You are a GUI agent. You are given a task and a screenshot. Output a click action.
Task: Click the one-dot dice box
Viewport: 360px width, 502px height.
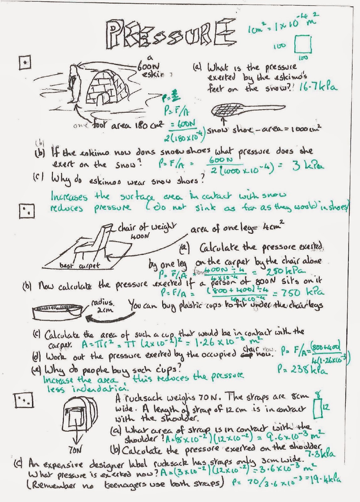click(25, 63)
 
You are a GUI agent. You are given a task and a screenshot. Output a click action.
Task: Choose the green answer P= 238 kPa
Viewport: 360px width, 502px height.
click(302, 371)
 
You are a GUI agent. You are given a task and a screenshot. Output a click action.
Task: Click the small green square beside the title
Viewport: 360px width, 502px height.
click(303, 45)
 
